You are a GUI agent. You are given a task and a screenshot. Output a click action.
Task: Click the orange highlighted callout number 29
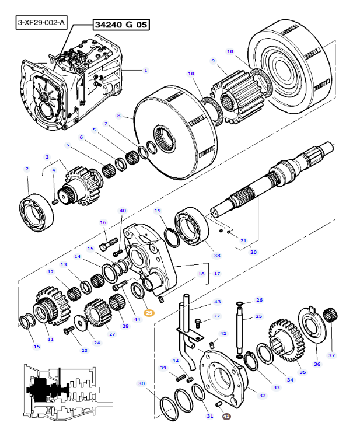point(149,313)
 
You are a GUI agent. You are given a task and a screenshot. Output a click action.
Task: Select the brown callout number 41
point(226,417)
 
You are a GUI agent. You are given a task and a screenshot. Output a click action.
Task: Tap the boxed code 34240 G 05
point(121,25)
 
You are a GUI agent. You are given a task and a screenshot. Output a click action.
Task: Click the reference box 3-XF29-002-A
point(41,22)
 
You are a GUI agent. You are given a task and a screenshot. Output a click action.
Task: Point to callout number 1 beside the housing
point(146,70)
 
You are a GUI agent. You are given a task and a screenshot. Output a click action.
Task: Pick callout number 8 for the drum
point(119,116)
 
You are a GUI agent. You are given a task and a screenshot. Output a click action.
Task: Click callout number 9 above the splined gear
point(213,61)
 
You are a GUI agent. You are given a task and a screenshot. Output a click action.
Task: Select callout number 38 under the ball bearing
point(217,256)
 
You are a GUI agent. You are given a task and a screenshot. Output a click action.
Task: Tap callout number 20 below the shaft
point(253,252)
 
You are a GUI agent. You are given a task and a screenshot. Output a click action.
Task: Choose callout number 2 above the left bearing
point(27,169)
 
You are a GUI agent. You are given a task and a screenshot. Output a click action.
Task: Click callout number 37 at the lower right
point(331,355)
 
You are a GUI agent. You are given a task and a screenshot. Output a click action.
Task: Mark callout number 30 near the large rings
point(141,383)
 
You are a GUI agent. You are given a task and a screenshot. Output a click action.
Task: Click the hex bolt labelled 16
point(109,244)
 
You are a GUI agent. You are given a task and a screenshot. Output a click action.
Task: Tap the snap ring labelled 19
point(173,238)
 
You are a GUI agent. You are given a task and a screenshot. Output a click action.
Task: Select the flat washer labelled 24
point(81,324)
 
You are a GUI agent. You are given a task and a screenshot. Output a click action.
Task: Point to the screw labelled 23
point(68,330)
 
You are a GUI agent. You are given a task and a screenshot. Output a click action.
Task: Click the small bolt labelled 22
point(198,323)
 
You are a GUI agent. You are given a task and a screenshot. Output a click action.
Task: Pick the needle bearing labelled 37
point(330,315)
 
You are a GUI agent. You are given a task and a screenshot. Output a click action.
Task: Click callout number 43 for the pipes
point(218,302)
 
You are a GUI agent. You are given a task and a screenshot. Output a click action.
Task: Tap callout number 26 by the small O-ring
point(259,300)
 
